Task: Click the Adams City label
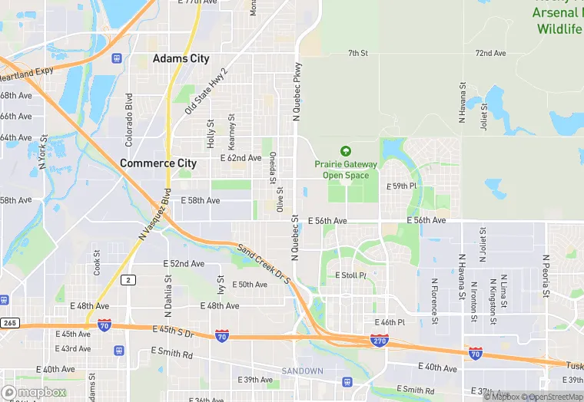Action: coord(181,58)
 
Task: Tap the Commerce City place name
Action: coord(158,163)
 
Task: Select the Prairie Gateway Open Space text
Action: coord(345,170)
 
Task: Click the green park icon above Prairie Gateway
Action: coord(345,152)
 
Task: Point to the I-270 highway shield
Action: coord(379,339)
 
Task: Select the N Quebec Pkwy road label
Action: coord(296,91)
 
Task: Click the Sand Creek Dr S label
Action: coord(264,263)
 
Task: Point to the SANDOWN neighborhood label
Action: coord(302,371)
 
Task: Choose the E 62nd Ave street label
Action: coord(241,158)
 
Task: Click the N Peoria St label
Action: coord(545,276)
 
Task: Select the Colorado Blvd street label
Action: coord(129,120)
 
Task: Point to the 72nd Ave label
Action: coord(490,54)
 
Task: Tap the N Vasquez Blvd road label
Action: coord(154,216)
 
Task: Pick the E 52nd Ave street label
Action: coord(184,264)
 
